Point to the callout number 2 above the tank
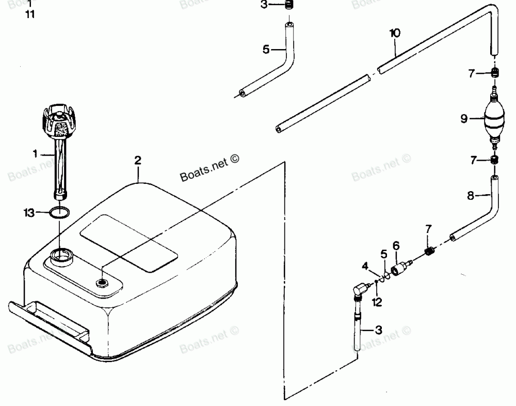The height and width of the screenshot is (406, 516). (x=138, y=160)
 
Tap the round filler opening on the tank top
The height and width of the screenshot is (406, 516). (x=62, y=255)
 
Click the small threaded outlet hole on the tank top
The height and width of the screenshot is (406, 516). (x=102, y=282)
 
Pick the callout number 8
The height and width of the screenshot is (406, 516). (x=470, y=196)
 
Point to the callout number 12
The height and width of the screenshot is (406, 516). (x=377, y=302)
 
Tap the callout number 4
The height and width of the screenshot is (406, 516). (x=364, y=267)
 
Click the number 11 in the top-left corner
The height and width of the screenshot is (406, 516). (x=30, y=14)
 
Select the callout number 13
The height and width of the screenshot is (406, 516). (x=29, y=212)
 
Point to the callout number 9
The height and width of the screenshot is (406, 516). (x=464, y=119)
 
